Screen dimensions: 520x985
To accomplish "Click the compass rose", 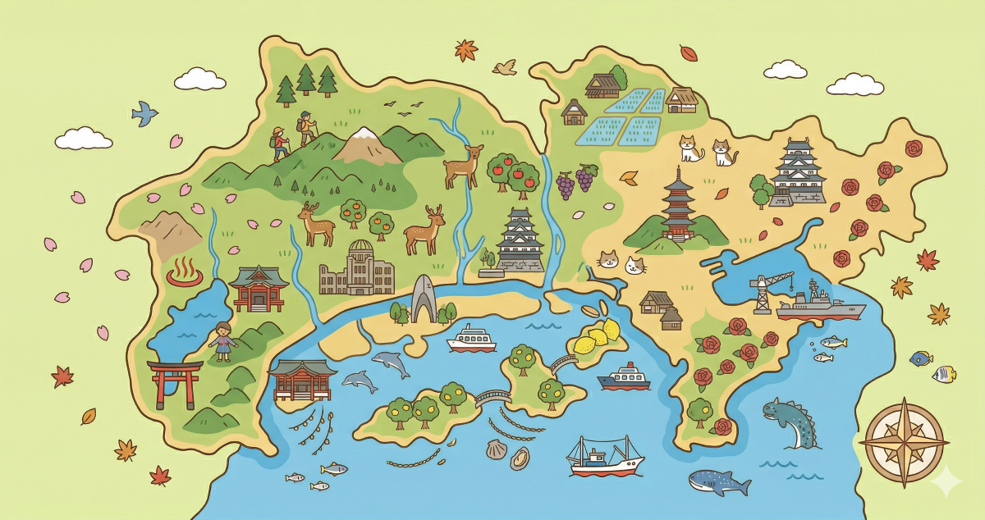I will [904, 443].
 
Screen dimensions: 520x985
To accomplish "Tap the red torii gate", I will [175, 382].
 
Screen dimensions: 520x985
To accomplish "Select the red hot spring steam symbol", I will [184, 274].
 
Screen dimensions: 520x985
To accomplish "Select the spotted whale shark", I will [717, 481].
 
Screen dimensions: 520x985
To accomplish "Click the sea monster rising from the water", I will [790, 422].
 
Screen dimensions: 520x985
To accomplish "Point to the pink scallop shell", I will [496, 449].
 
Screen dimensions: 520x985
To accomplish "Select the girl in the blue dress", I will [222, 340].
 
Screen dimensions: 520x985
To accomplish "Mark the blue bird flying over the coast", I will [145, 112].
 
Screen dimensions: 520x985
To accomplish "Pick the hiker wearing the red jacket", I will [281, 144].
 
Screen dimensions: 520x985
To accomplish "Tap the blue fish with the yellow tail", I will [921, 358].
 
